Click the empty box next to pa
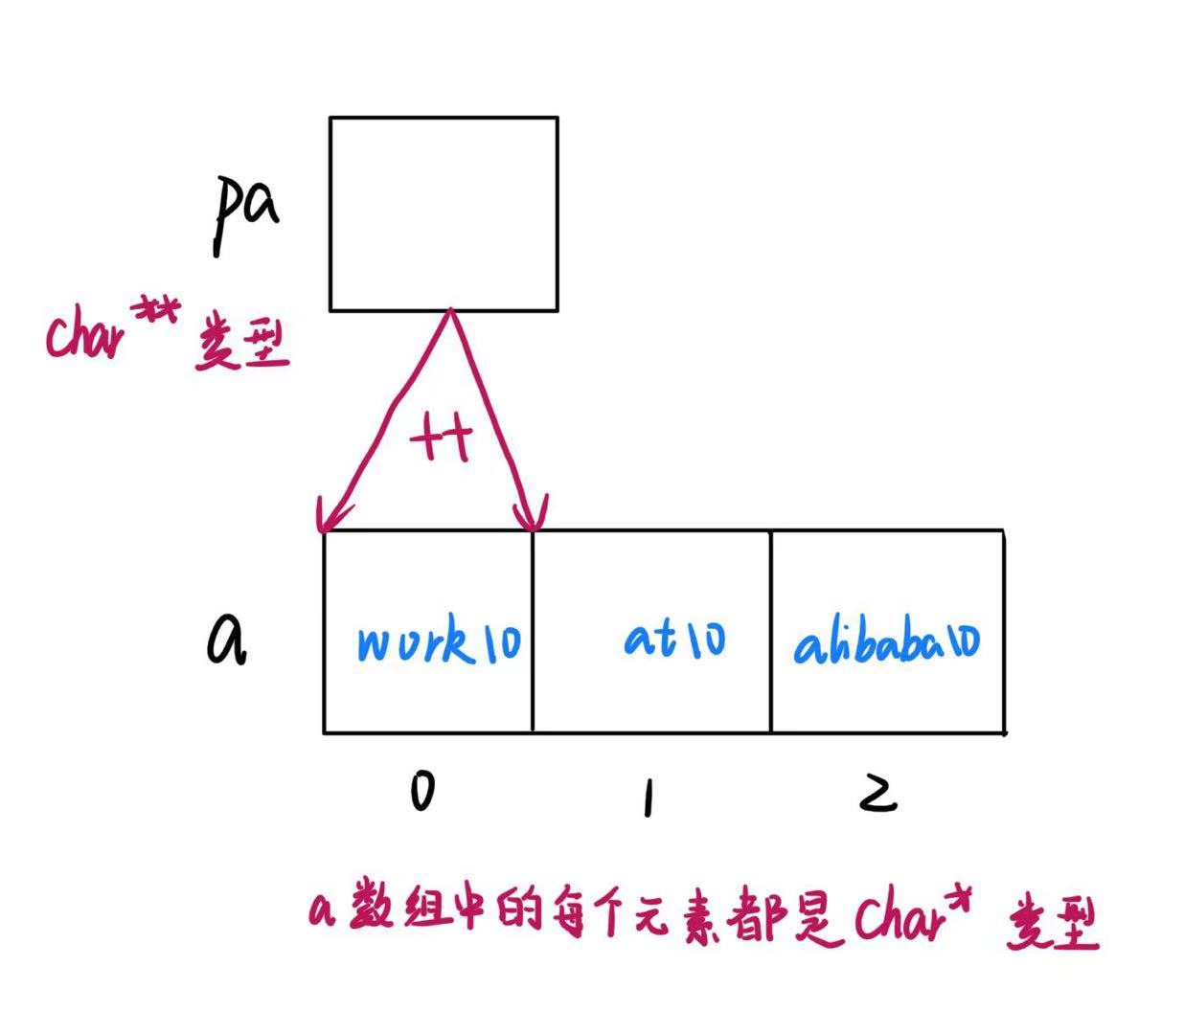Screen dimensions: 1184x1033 pos(443,213)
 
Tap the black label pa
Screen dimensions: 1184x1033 pos(244,213)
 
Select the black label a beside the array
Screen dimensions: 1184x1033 pos(226,640)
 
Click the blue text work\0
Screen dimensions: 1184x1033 pos(439,642)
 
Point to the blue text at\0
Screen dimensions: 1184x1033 pos(674,638)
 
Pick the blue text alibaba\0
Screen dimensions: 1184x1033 pos(886,642)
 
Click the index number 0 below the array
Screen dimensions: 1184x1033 pos(421,792)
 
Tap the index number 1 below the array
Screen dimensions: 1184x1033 pos(649,796)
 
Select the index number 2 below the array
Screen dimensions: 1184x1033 pos(877,793)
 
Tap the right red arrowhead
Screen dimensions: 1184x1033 pos(533,517)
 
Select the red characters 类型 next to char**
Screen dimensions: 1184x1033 pos(241,347)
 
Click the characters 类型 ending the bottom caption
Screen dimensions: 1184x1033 pos(1051,924)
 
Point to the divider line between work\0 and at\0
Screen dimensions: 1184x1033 pos(533,632)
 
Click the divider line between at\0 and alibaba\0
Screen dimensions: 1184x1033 pos(771,632)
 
